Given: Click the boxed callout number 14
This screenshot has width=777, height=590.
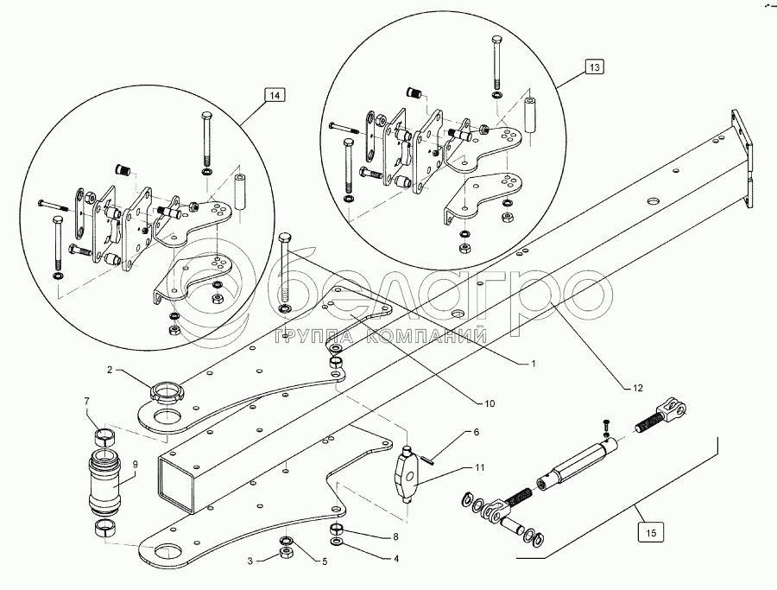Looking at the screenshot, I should [274, 95].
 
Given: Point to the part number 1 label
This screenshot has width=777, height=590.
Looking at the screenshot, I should [534, 365].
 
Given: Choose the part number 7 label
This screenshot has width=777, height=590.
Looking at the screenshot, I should [86, 402].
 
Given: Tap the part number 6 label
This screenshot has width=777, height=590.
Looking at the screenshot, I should [474, 430].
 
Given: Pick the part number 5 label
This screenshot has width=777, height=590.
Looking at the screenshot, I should [324, 561].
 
